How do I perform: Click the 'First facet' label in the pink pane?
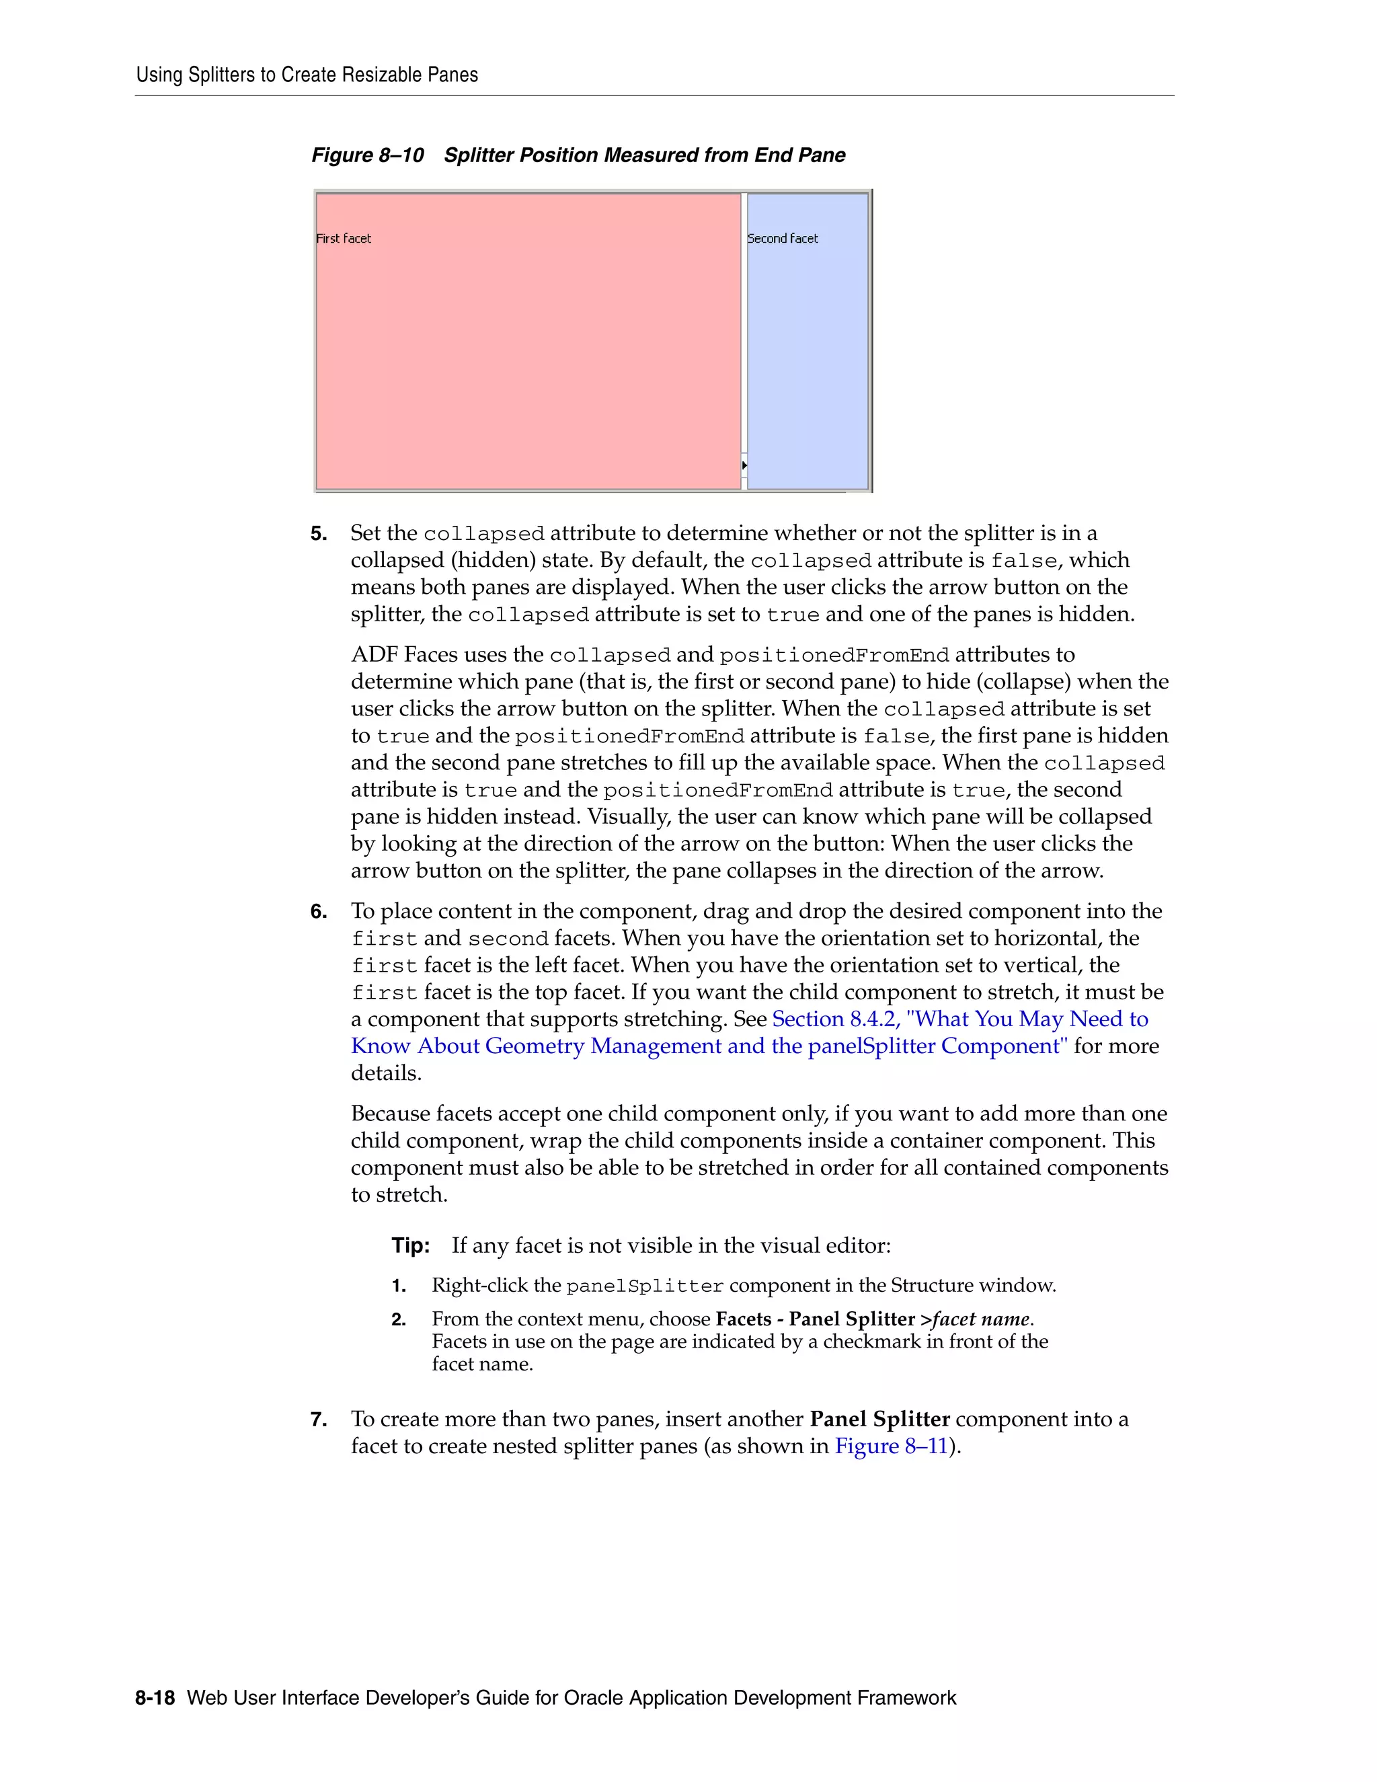point(344,238)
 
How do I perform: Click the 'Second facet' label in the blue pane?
point(783,238)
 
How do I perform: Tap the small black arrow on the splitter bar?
point(744,465)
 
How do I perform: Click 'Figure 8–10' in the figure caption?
point(367,155)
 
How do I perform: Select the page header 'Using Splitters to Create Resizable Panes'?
point(307,75)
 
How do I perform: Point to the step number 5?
point(318,534)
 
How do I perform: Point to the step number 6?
point(318,911)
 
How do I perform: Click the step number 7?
point(318,1420)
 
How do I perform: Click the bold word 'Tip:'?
point(410,1245)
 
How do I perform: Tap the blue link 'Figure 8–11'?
point(891,1446)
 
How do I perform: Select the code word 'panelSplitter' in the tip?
point(644,1286)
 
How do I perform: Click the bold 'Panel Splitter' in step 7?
point(879,1419)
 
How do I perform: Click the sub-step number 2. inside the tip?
point(398,1319)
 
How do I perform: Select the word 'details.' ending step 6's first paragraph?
point(386,1073)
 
